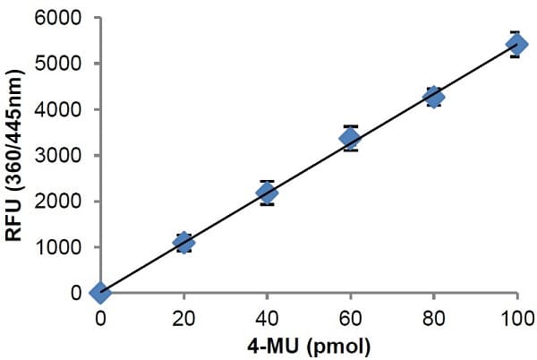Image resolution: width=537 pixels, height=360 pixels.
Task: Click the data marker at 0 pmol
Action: (x=100, y=292)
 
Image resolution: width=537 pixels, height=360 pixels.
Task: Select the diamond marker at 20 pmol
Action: (x=183, y=242)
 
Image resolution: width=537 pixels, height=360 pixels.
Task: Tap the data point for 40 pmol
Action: (x=267, y=192)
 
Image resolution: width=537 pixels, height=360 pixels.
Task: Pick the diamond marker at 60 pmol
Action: (x=350, y=137)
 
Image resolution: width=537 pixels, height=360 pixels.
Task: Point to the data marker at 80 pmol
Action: (x=434, y=97)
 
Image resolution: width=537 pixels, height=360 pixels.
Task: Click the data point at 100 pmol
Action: (x=517, y=44)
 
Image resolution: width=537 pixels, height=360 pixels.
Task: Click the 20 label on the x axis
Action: (x=183, y=316)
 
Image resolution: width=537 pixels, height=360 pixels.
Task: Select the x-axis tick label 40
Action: (x=267, y=316)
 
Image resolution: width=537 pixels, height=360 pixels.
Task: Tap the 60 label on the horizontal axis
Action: (x=350, y=316)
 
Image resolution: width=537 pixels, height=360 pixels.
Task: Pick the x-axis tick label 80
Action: (x=434, y=316)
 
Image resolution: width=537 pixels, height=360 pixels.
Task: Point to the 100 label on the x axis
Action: (x=516, y=316)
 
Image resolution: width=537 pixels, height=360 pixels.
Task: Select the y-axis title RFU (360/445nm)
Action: (x=15, y=154)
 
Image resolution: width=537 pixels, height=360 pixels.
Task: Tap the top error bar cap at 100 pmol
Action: (x=517, y=32)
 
